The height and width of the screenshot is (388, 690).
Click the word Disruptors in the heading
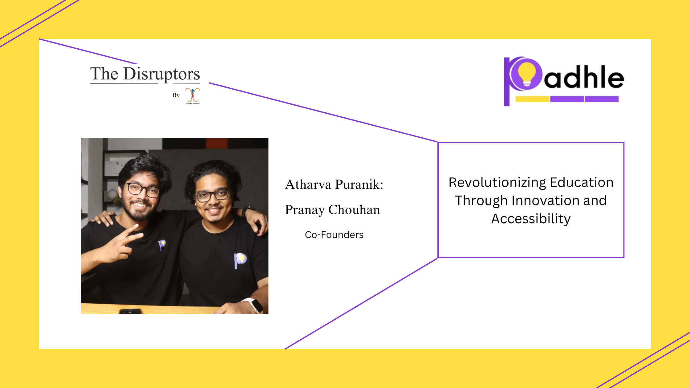[x=161, y=74]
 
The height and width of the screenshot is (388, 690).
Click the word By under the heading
[x=176, y=95]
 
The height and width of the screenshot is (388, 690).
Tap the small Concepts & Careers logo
[x=193, y=96]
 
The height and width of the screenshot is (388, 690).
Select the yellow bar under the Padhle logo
[x=532, y=99]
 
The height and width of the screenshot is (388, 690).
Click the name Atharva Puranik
[x=334, y=184]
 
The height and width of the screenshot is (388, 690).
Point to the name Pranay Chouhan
[x=332, y=210]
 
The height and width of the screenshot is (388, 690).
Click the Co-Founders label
[x=334, y=235]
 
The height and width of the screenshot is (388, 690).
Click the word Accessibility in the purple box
[x=531, y=219]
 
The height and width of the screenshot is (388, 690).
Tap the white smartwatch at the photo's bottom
[x=254, y=305]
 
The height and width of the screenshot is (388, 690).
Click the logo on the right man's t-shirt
[x=240, y=260]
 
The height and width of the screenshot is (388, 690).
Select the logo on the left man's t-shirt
[x=162, y=245]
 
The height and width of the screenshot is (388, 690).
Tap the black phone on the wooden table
[x=130, y=311]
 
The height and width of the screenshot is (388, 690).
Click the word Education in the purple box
[x=582, y=182]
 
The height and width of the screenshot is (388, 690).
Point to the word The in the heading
[x=104, y=74]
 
